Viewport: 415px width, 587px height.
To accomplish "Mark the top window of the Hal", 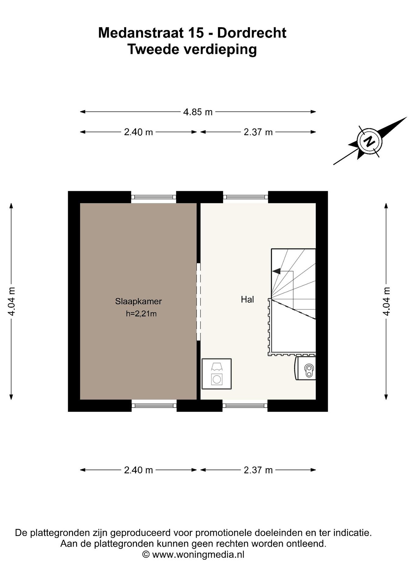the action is (245, 197).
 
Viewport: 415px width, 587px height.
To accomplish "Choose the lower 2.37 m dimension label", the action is (258, 470).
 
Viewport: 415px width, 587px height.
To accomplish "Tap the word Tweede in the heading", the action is (153, 49).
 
